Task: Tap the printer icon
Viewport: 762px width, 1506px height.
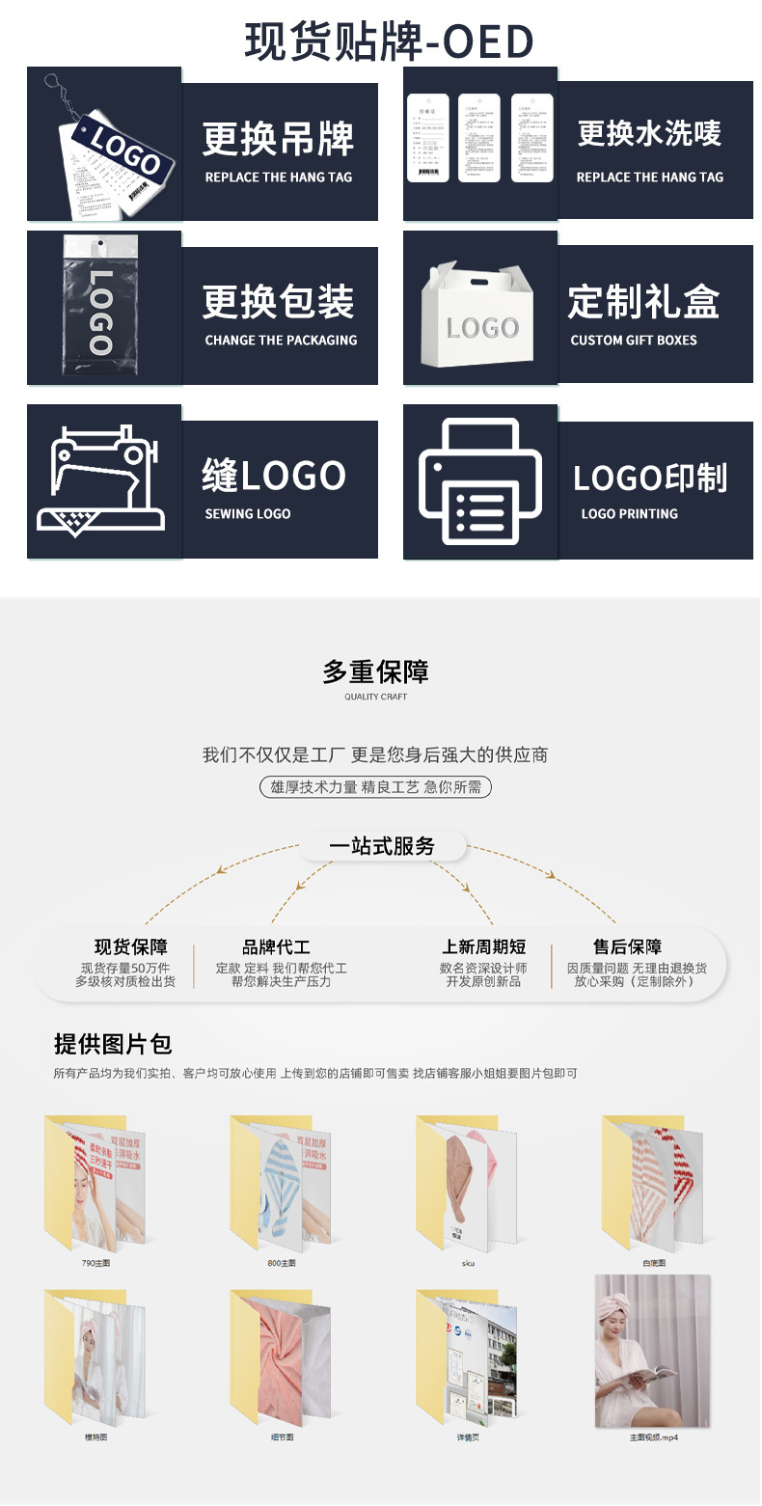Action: coord(481,481)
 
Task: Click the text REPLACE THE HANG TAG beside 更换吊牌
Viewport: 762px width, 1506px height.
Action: coord(279,178)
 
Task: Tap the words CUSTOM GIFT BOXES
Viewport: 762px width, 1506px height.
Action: coord(634,341)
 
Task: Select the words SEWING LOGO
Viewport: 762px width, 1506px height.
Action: coord(248,514)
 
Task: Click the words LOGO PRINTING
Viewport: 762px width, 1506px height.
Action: coord(629,514)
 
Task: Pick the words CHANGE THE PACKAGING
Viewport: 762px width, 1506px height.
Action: coord(281,341)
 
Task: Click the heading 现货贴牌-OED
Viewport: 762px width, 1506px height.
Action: coord(389,41)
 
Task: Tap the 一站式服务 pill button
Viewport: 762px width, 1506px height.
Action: coord(382,847)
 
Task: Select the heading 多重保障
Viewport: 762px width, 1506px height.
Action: coord(376,672)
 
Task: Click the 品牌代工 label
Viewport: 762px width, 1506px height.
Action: coord(276,947)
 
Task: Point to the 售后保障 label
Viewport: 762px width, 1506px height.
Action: coord(628,947)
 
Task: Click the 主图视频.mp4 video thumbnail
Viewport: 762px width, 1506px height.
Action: coord(652,1351)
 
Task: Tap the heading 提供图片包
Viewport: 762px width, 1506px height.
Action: coord(113,1044)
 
